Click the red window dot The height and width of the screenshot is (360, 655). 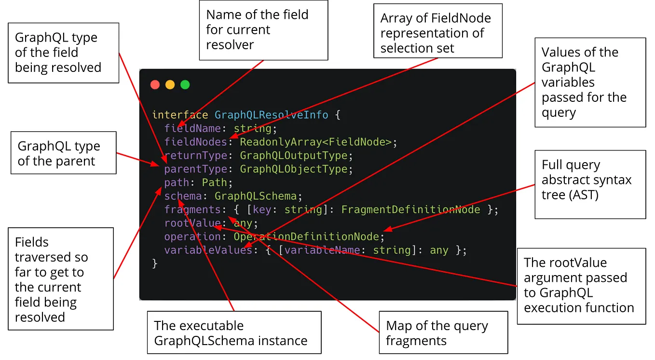tap(155, 85)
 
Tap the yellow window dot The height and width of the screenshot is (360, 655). tap(170, 85)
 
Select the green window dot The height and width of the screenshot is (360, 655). tap(185, 85)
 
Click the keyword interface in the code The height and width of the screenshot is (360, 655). tap(180, 115)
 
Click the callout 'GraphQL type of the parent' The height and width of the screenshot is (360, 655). tap(63, 153)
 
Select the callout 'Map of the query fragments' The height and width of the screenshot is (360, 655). tap(443, 333)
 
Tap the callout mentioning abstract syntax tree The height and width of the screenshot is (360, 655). tap(590, 184)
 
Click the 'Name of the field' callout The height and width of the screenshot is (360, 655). tap(263, 30)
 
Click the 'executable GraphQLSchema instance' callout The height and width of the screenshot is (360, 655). tap(233, 332)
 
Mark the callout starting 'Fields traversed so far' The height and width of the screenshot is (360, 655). tap(61, 279)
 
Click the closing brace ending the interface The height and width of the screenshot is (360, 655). tap(155, 263)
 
